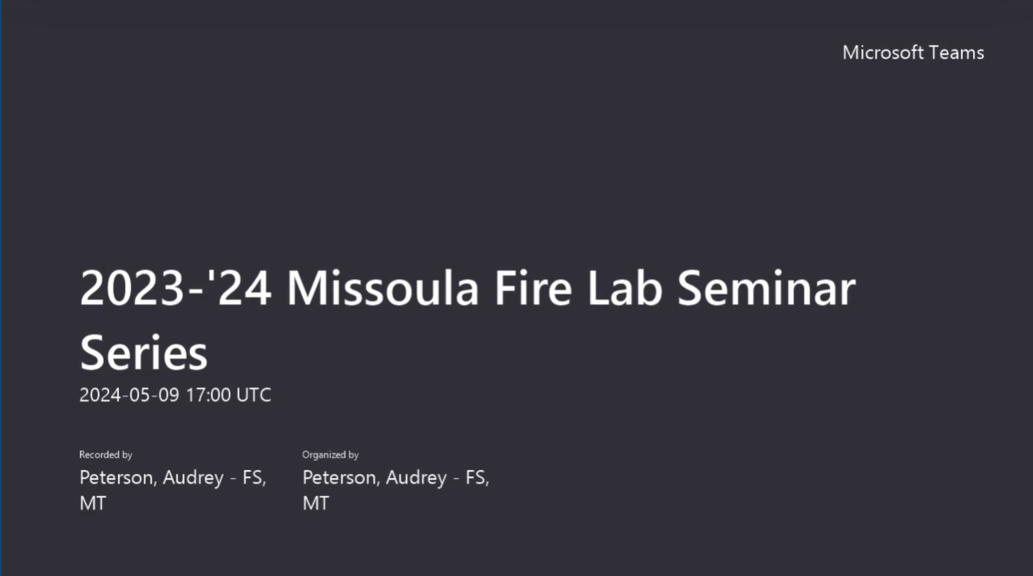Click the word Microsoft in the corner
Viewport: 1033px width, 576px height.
[x=882, y=53]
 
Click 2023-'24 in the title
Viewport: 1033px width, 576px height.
[x=176, y=289]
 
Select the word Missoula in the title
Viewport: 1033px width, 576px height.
[x=383, y=289]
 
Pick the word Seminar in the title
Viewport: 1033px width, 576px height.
[x=767, y=289]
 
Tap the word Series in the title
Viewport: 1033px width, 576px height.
[x=144, y=353]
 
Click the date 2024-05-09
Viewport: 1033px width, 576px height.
[x=129, y=395]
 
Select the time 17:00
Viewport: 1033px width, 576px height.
[x=208, y=395]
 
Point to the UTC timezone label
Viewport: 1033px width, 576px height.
[x=254, y=395]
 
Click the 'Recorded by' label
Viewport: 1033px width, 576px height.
[x=105, y=455]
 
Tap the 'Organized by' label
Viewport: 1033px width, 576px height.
[x=330, y=455]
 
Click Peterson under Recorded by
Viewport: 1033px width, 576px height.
[x=117, y=478]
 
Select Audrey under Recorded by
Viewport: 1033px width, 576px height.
[x=193, y=478]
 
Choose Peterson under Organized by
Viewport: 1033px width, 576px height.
[x=340, y=478]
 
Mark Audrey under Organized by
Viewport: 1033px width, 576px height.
[x=417, y=478]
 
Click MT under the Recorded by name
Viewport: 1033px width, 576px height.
[x=92, y=504]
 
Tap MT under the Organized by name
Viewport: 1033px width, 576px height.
[x=315, y=504]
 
